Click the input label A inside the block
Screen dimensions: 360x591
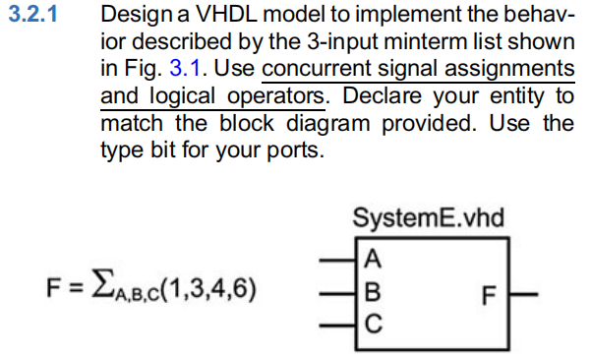tap(371, 260)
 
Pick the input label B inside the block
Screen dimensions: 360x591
tap(371, 290)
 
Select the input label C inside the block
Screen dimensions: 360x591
tap(371, 320)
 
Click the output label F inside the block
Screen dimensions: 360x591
tap(489, 292)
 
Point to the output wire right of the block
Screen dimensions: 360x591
tap(524, 291)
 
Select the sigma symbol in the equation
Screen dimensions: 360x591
tap(99, 288)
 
